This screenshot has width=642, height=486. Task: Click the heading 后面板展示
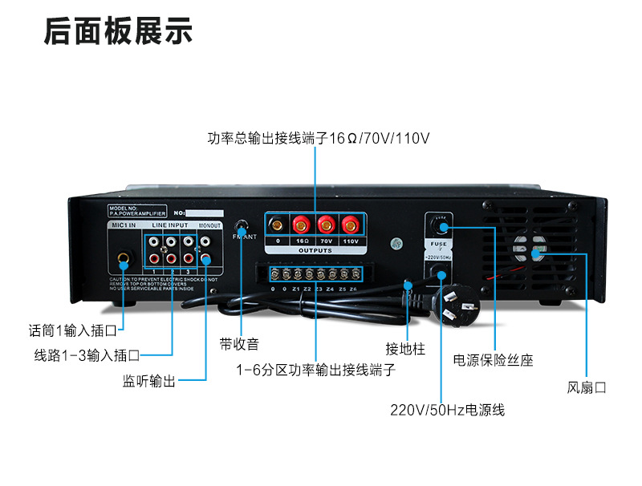pos(118,33)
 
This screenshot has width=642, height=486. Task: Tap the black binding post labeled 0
pos(278,224)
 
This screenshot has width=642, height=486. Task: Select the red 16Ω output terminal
pos(302,224)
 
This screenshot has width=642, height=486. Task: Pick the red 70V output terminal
pos(326,224)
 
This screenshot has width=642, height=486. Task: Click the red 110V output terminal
pos(350,224)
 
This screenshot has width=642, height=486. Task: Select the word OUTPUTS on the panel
pos(315,250)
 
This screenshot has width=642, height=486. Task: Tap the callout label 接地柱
pos(404,349)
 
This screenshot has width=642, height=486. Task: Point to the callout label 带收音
pos(239,344)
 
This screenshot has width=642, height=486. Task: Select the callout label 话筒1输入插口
pos(78,330)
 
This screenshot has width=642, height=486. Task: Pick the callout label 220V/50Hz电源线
pos(447,410)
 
